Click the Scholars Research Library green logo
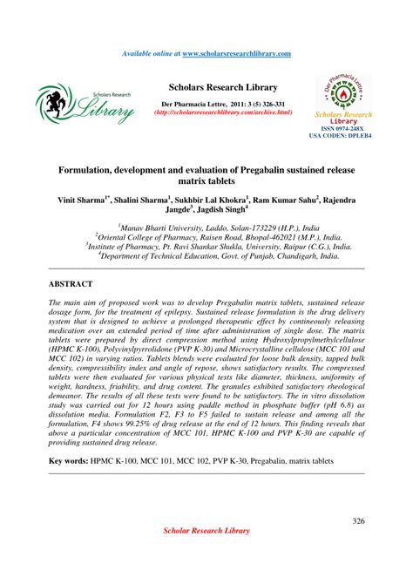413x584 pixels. tap(85, 103)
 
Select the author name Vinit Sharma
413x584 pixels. tap(80, 199)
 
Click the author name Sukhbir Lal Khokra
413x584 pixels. tap(213, 199)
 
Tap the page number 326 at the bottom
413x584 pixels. tap(357, 521)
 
